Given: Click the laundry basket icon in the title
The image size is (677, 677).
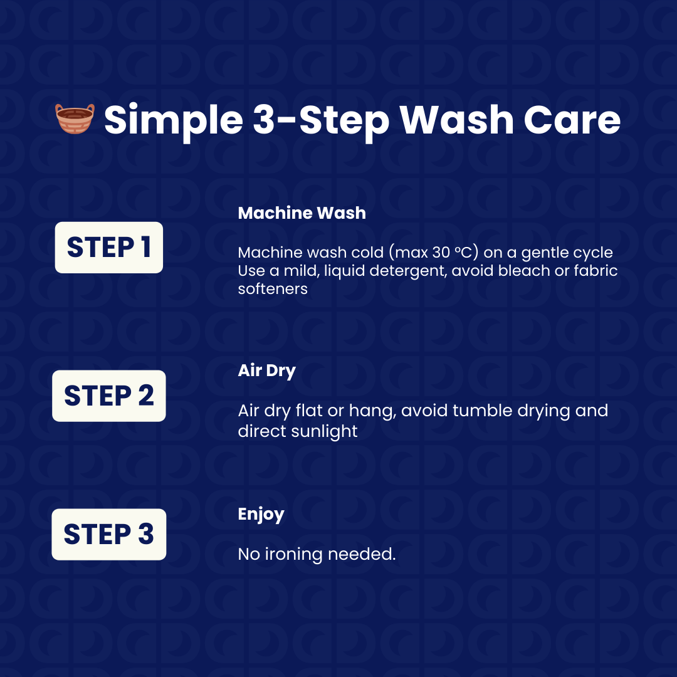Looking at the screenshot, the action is point(75,118).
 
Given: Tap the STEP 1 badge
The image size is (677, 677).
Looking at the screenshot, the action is point(109,248).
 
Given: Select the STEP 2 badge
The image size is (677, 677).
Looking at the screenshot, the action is point(109,396).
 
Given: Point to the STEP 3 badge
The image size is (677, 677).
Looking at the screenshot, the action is point(109,534).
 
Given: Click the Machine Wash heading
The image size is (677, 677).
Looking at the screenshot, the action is point(302,213).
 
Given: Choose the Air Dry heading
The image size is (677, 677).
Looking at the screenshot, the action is point(267,371).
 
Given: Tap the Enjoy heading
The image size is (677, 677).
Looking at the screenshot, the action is point(261,514).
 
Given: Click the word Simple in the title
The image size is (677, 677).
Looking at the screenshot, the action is point(174,120).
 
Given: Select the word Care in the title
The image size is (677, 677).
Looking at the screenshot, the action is point(572,119).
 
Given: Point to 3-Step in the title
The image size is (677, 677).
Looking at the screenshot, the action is point(321,120).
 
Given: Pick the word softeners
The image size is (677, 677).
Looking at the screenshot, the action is point(273,289).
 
